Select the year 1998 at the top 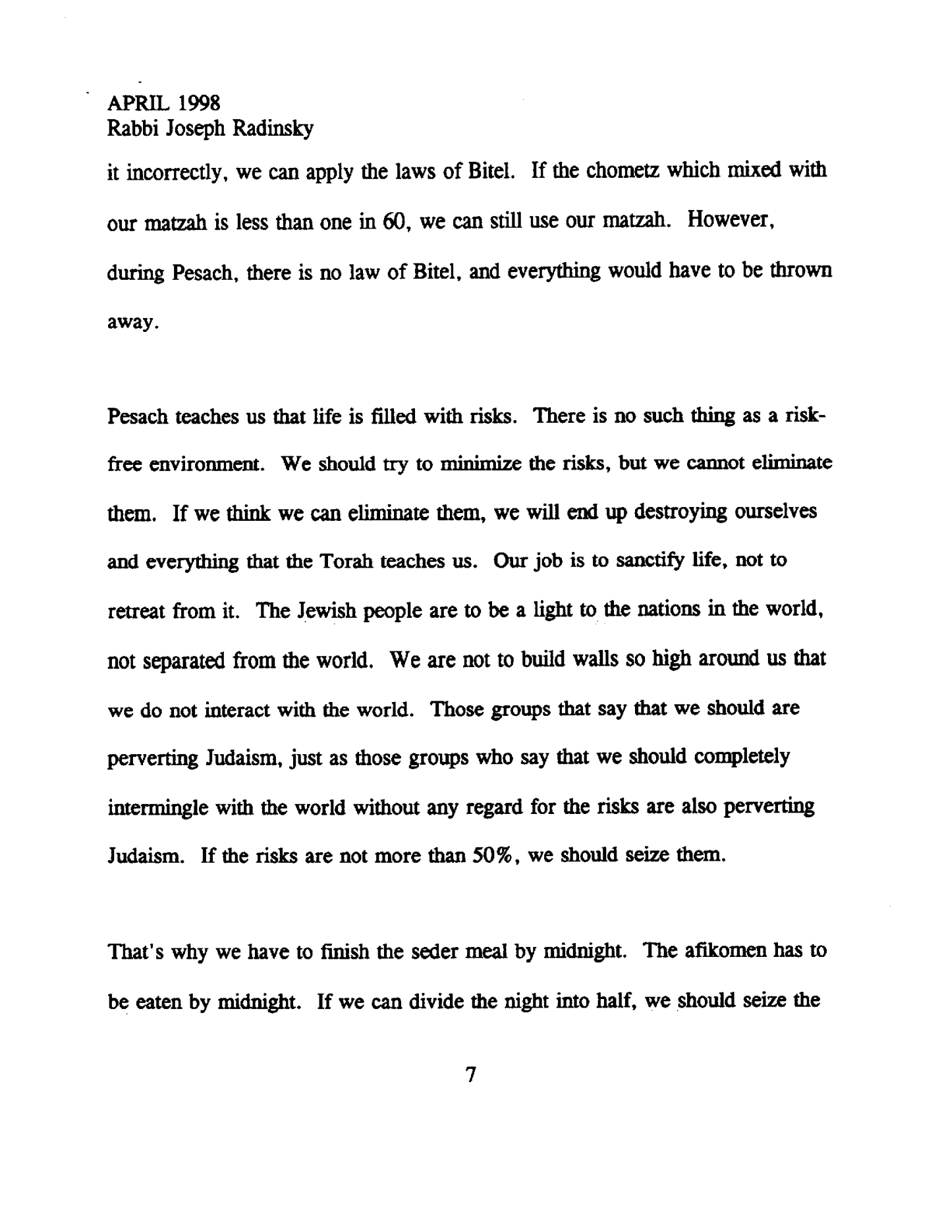198,103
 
